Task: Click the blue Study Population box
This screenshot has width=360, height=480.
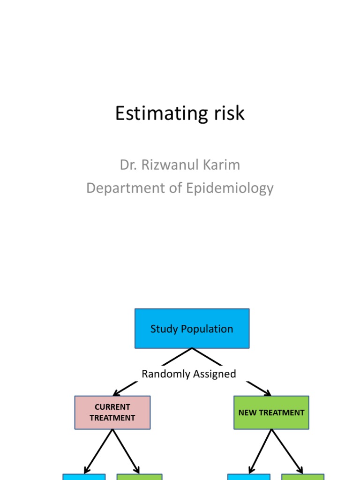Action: click(192, 329)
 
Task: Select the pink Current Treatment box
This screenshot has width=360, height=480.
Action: click(112, 412)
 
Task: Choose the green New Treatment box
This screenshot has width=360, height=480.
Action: click(271, 412)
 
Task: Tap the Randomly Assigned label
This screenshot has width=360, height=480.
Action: click(189, 374)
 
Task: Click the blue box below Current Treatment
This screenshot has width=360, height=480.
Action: click(84, 477)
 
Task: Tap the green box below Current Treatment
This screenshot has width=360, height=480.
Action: click(139, 477)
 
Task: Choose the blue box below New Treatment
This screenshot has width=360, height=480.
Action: click(248, 477)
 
